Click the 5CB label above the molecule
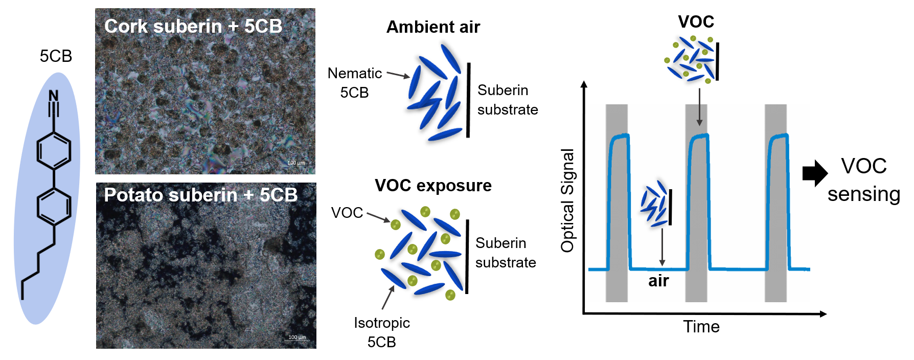[x=56, y=56]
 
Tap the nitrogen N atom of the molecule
[x=54, y=96]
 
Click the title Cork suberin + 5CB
[x=193, y=26]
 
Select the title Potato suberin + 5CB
[x=200, y=195]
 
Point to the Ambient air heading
[x=433, y=27]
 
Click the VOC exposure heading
[x=433, y=185]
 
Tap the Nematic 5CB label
[x=354, y=83]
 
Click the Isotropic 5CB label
[x=382, y=332]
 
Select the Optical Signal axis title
[x=567, y=200]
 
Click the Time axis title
[x=701, y=326]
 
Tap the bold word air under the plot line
[x=658, y=281]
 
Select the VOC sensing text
[x=864, y=180]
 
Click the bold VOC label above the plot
[x=696, y=22]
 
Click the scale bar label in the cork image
[x=296, y=163]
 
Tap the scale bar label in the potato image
[x=297, y=337]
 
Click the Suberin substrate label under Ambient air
[x=507, y=100]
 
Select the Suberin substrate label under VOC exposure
[x=505, y=253]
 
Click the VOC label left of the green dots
[x=347, y=213]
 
